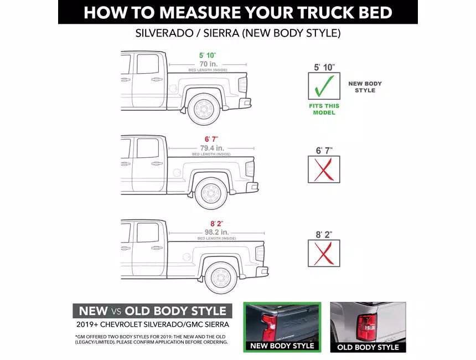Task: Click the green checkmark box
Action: (x=324, y=86)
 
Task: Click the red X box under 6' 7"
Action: (x=324, y=169)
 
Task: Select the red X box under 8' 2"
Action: (x=324, y=253)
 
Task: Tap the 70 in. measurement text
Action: (x=208, y=64)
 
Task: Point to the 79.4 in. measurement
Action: (x=211, y=148)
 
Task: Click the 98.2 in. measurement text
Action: (x=216, y=232)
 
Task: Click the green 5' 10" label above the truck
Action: (x=208, y=55)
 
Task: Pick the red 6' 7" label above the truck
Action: (x=211, y=139)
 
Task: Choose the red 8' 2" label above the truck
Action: (x=216, y=223)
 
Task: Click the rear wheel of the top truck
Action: (x=204, y=109)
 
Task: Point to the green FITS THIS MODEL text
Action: (x=324, y=109)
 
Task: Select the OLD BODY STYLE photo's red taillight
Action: (x=366, y=327)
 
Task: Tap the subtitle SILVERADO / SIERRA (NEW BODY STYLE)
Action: (x=238, y=33)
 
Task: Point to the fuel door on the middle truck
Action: (x=176, y=173)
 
